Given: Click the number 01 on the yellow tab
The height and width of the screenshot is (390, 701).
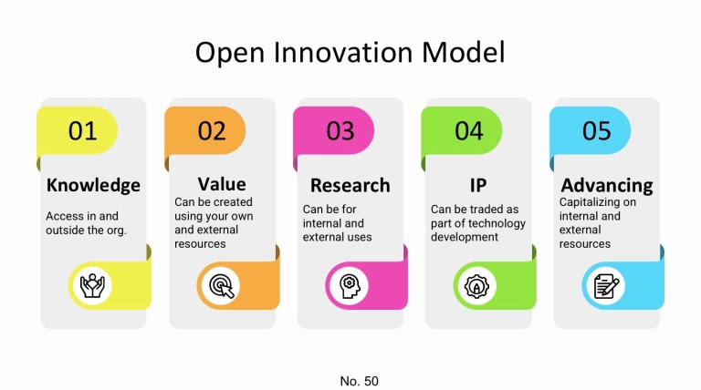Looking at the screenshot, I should (83, 131).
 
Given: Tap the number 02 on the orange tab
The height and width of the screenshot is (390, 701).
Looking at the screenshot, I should (212, 131).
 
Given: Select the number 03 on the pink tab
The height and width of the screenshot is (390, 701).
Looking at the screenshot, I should (340, 131).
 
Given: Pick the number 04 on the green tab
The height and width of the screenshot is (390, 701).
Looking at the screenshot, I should (468, 131).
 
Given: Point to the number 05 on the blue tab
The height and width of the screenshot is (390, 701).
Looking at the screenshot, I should (596, 131).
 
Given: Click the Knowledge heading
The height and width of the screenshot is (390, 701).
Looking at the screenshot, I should (93, 185).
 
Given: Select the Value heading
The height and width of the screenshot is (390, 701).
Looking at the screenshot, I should (222, 184).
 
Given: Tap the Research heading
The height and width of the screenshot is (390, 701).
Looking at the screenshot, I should (350, 185).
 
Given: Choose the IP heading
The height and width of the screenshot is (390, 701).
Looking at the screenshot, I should (478, 185).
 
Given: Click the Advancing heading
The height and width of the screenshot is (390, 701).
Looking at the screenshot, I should (607, 185).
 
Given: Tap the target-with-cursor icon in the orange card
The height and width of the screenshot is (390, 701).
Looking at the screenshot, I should (219, 286).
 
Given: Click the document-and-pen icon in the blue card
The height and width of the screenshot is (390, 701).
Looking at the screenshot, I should (603, 286).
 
